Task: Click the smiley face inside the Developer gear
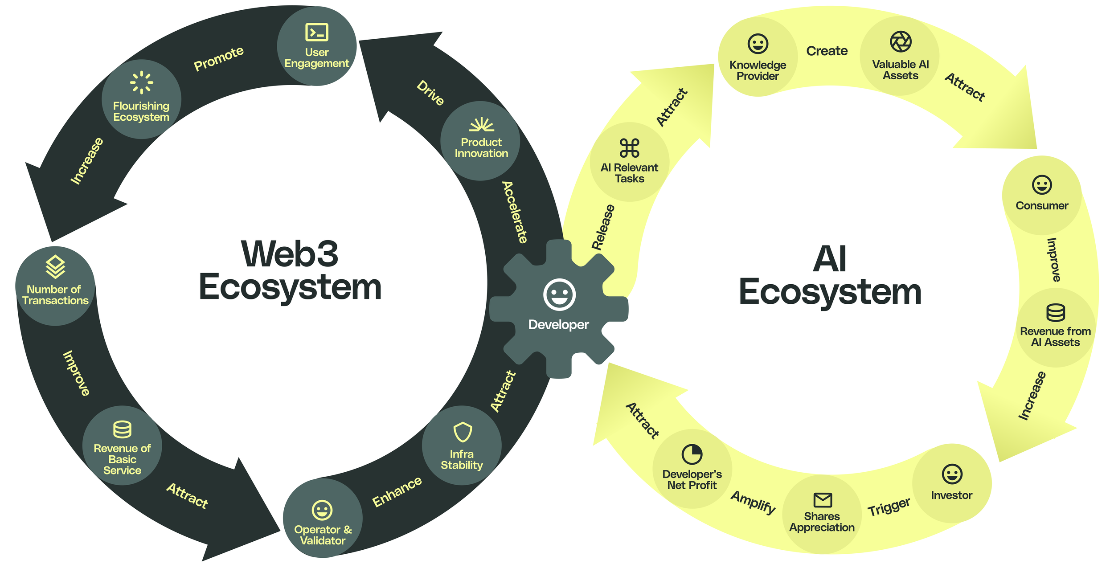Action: [559, 294]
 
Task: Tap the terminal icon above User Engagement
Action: [317, 33]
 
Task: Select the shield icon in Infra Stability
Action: [463, 432]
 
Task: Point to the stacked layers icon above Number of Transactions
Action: [55, 267]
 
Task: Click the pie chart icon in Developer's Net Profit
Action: [692, 454]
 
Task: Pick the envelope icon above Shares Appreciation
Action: [823, 500]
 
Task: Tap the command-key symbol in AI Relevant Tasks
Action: [629, 148]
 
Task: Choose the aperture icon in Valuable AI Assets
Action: [901, 42]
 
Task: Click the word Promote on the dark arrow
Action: [219, 58]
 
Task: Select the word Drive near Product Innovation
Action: [430, 93]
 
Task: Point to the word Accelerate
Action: [515, 212]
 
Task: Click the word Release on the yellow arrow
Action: [603, 227]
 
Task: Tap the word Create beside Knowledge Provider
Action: [827, 51]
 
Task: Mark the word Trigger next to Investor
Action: [889, 507]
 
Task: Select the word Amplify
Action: [754, 502]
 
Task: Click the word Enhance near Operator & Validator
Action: [397, 491]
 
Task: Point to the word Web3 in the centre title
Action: [290, 254]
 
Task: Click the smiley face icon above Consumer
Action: [1042, 184]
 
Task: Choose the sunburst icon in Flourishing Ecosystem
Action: [141, 82]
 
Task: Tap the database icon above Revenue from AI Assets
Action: [1056, 312]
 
